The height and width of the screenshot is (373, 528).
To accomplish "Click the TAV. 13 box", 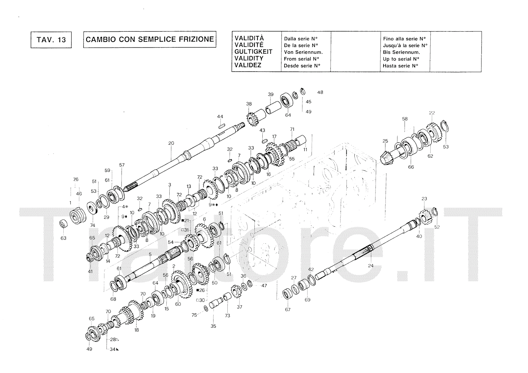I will [51, 40].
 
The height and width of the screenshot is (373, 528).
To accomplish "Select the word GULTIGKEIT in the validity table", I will [253, 52].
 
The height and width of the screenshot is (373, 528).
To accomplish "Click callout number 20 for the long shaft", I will [171, 143].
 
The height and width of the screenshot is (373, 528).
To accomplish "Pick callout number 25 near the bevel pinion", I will [385, 141].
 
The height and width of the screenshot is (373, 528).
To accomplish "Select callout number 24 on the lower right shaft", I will [371, 265].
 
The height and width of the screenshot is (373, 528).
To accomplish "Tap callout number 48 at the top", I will [320, 92].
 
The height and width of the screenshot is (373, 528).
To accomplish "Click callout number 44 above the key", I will [220, 117].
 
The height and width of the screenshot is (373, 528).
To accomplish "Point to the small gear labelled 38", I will [251, 119].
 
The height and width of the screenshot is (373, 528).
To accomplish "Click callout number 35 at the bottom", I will [213, 326].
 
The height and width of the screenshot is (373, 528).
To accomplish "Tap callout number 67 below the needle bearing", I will [288, 310].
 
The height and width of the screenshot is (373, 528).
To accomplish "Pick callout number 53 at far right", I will [446, 147].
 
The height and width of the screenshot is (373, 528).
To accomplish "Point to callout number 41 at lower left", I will [90, 271].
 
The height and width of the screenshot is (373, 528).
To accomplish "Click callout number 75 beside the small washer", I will [194, 315].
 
